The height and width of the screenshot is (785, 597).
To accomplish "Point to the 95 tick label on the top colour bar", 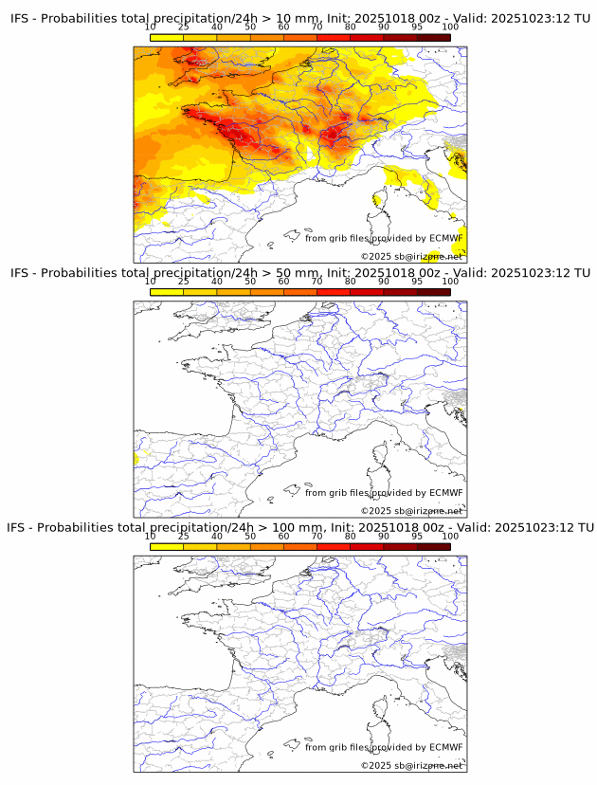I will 417,27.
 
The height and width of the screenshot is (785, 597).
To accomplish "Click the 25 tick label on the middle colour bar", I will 184,282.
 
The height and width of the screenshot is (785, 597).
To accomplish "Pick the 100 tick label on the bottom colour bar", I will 450,536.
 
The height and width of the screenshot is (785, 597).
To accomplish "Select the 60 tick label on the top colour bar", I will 283,27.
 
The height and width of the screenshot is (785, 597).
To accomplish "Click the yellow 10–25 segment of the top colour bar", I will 167,38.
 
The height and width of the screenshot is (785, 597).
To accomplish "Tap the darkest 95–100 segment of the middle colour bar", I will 434,292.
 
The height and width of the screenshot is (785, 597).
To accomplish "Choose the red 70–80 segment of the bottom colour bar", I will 334,546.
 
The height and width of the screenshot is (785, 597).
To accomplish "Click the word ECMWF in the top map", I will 445,238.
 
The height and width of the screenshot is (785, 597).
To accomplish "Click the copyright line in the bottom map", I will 412,765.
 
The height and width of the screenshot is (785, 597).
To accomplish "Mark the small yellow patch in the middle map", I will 136,459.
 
